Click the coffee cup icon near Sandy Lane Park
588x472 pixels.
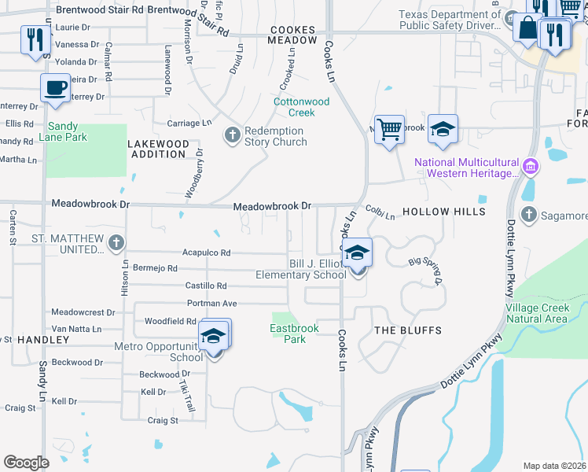[55, 88]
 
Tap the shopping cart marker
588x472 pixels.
[389, 129]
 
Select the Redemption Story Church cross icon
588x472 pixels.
[232, 135]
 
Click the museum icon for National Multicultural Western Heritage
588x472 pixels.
[530, 166]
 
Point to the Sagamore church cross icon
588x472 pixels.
[529, 215]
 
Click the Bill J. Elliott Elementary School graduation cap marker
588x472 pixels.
[357, 253]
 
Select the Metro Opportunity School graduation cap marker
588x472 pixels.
[212, 335]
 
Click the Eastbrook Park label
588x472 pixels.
[288, 334]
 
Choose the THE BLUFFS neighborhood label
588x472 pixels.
[407, 330]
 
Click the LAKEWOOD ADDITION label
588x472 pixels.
[159, 149]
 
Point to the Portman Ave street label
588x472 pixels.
[211, 304]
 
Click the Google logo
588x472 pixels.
[27, 463]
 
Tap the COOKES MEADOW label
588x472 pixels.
[292, 35]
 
